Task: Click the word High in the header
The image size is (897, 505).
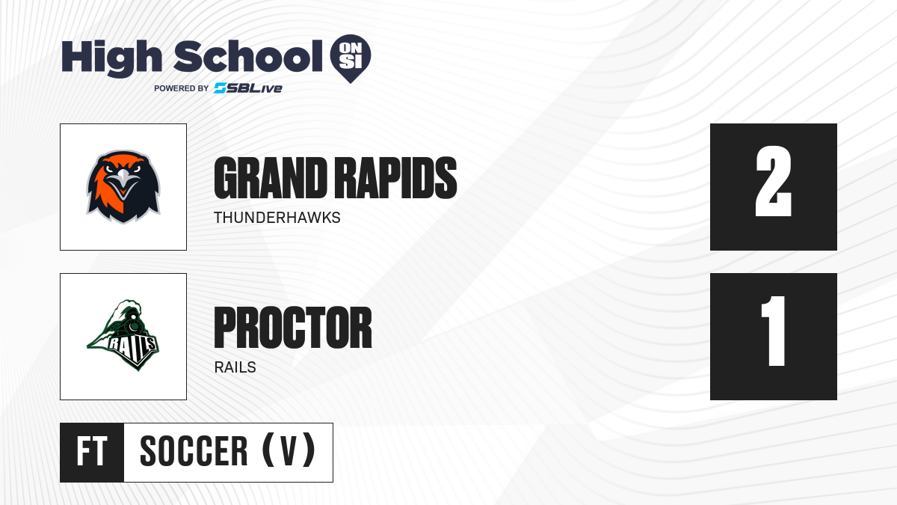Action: (111, 58)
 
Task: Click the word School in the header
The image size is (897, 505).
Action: (248, 57)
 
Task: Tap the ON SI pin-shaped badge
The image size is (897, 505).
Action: (351, 58)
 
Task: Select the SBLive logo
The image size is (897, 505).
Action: (247, 88)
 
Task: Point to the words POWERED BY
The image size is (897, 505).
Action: (181, 88)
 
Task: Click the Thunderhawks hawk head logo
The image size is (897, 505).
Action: (123, 187)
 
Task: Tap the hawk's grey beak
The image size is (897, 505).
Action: (123, 179)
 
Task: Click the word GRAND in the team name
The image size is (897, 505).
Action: (271, 177)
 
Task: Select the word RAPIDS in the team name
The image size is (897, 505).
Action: (395, 177)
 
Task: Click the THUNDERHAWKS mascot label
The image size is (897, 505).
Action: (277, 218)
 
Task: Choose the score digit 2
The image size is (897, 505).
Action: (773, 181)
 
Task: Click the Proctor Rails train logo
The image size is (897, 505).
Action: (123, 335)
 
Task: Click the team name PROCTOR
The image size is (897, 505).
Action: (293, 328)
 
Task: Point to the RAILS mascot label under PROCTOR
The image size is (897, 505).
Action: (235, 367)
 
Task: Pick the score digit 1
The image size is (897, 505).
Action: (774, 331)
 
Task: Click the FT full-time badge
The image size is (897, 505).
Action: (92, 452)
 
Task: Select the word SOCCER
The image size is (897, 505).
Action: (194, 451)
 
